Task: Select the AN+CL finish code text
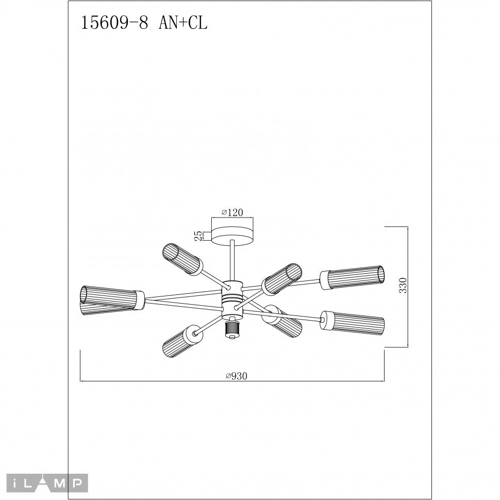pyautogui.click(x=184, y=23)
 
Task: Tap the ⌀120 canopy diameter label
pyautogui.click(x=232, y=212)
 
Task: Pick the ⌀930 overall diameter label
pyautogui.click(x=237, y=376)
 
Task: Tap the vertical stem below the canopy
pyautogui.click(x=232, y=260)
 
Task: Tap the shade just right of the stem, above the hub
pyautogui.click(x=281, y=278)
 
